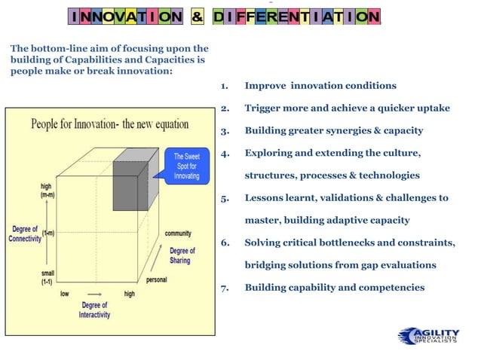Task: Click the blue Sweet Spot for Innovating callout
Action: pos(185,166)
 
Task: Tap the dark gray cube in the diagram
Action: pos(130,185)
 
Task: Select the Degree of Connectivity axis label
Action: pos(25,233)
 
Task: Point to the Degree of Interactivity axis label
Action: pos(94,310)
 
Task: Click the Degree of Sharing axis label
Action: pos(181,255)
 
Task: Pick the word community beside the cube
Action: pos(178,233)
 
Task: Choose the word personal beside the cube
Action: pos(156,279)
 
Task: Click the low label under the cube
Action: pos(65,294)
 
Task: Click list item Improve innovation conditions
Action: pos(320,86)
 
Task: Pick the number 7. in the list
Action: pos(225,288)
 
